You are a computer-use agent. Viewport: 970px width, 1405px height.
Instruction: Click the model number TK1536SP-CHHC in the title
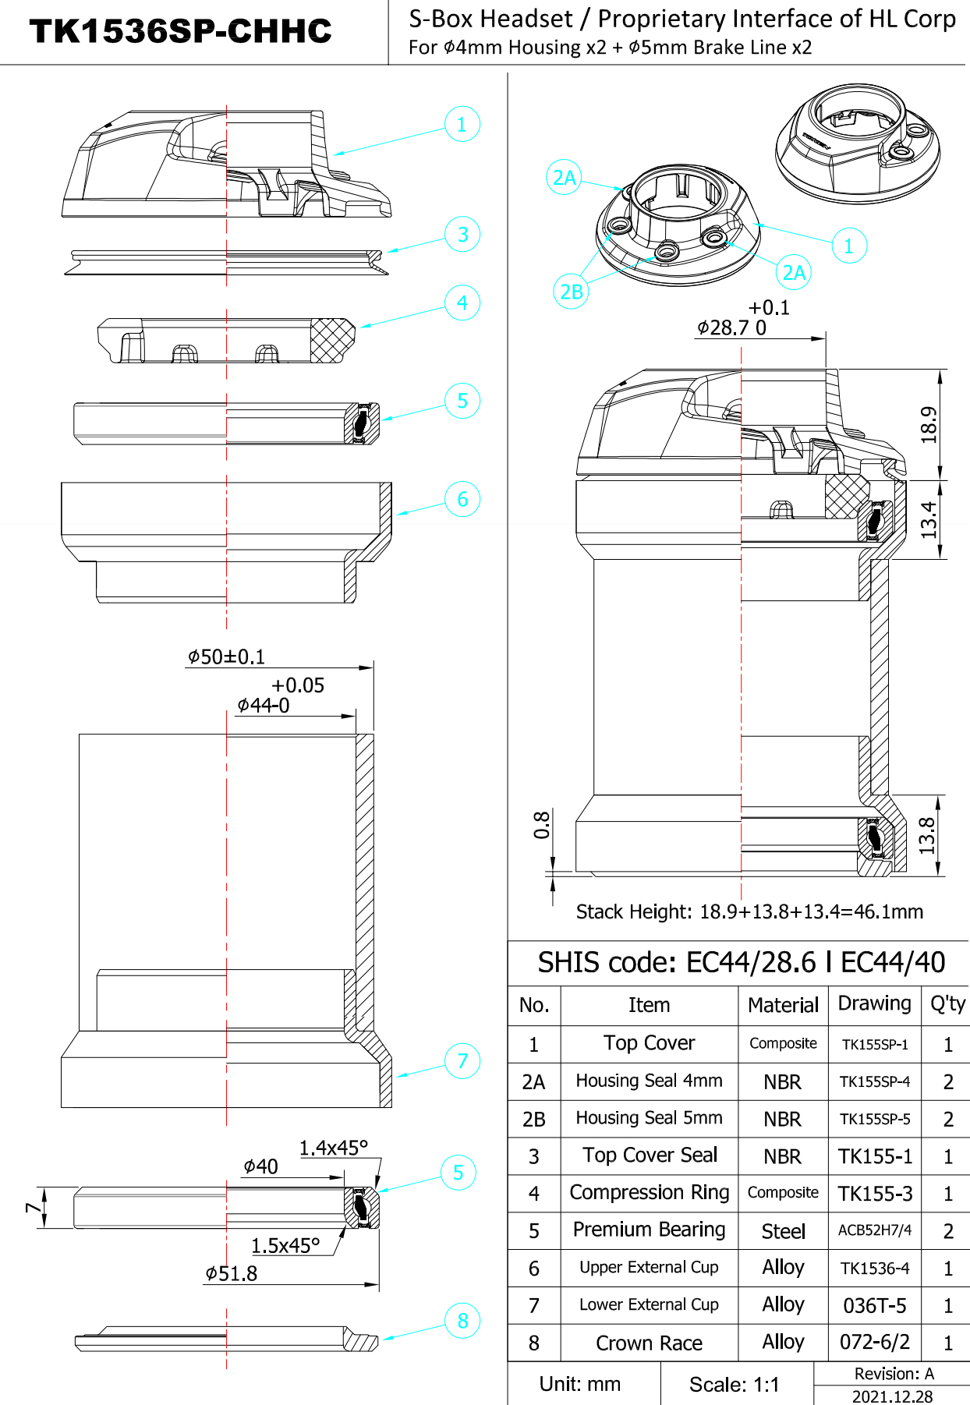pyautogui.click(x=180, y=31)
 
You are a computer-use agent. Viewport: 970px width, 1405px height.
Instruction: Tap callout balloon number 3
pyautogui.click(x=462, y=234)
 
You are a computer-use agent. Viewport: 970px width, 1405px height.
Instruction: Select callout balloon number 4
pyautogui.click(x=462, y=303)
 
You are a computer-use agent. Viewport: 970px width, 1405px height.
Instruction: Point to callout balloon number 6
pyautogui.click(x=462, y=499)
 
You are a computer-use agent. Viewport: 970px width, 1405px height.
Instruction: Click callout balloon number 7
pyautogui.click(x=462, y=1060)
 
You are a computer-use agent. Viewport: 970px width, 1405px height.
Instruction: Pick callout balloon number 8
pyautogui.click(x=462, y=1321)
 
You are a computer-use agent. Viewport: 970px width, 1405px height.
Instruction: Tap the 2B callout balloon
pyautogui.click(x=572, y=292)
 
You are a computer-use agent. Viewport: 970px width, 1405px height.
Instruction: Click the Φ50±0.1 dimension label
pyautogui.click(x=226, y=657)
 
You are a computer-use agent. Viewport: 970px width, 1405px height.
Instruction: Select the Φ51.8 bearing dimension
pyautogui.click(x=231, y=1274)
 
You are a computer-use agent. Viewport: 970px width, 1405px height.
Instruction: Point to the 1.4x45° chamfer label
pyautogui.click(x=333, y=1148)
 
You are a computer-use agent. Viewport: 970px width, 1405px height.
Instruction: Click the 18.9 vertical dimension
pyautogui.click(x=929, y=425)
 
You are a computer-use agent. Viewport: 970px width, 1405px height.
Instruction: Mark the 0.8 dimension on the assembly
pyautogui.click(x=542, y=825)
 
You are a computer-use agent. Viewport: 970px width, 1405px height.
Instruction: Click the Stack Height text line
pyautogui.click(x=749, y=911)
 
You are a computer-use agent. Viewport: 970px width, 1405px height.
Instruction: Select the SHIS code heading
pyautogui.click(x=741, y=963)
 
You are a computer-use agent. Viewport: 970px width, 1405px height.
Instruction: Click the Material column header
pyautogui.click(x=783, y=1005)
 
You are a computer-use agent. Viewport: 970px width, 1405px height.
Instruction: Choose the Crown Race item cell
pyautogui.click(x=649, y=1343)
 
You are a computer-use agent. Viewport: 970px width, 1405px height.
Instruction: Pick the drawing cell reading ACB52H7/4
pyautogui.click(x=874, y=1230)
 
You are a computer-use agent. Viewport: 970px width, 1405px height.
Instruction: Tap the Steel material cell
pyautogui.click(x=783, y=1231)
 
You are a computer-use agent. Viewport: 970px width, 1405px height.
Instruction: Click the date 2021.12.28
pyautogui.click(x=892, y=1396)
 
